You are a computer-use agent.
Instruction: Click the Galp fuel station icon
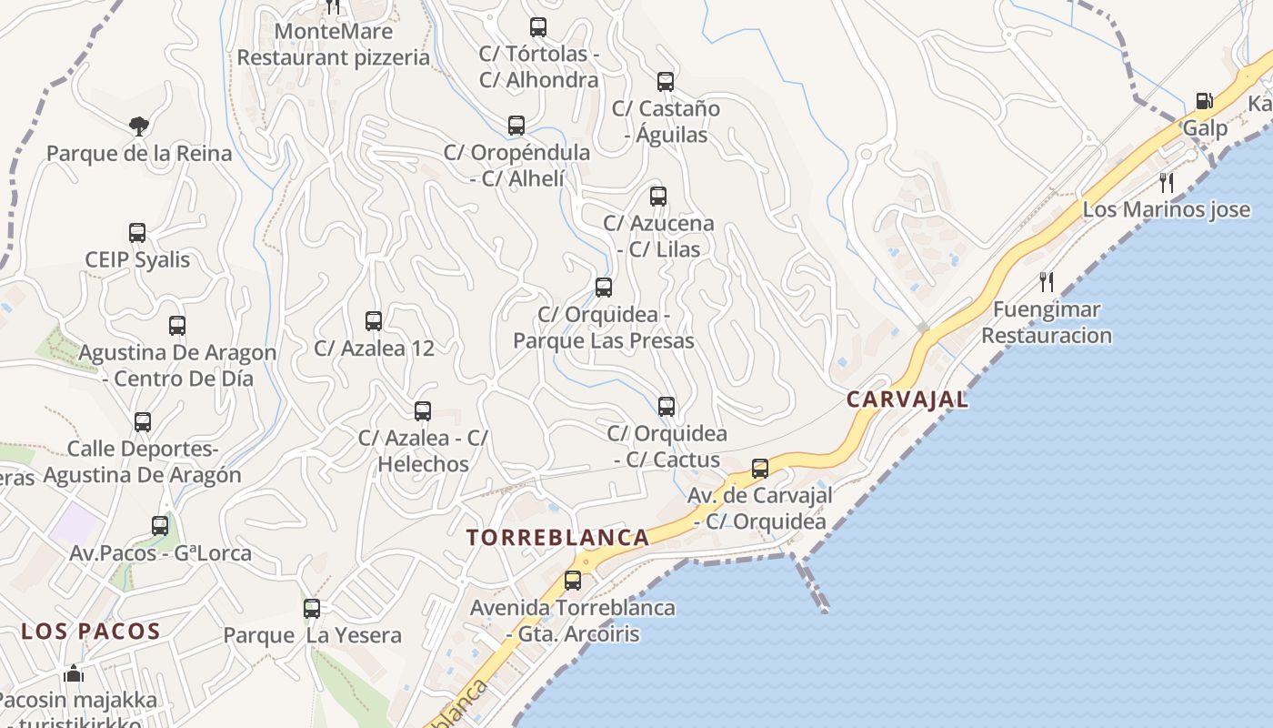(x=1204, y=101)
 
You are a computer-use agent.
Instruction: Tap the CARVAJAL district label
(x=907, y=399)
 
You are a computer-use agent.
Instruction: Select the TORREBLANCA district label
(x=558, y=537)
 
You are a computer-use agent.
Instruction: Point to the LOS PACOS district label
(x=91, y=632)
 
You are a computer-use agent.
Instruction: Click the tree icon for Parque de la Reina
(x=139, y=126)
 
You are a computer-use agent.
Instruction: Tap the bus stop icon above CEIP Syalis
(x=137, y=233)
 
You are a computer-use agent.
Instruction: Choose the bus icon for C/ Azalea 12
(x=374, y=321)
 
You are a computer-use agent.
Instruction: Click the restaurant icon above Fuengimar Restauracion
(x=1047, y=282)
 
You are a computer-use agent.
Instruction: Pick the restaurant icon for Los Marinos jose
(x=1168, y=183)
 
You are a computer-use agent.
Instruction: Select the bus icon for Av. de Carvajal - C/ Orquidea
(x=760, y=470)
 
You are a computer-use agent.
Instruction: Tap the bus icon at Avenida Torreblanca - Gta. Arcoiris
(x=573, y=581)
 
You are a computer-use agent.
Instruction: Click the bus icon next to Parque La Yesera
(x=312, y=609)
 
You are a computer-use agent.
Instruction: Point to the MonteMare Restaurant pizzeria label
(x=333, y=45)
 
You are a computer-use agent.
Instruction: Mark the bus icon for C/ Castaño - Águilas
(x=666, y=82)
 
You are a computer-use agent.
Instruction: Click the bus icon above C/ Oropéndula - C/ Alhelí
(x=516, y=126)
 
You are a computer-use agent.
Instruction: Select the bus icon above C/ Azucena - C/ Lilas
(x=658, y=197)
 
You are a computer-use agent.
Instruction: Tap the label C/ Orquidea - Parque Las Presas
(x=604, y=328)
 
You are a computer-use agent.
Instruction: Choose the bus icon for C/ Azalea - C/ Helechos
(x=423, y=411)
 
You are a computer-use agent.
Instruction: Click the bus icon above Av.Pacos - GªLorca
(x=160, y=526)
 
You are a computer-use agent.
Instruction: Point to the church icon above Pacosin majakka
(x=75, y=673)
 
